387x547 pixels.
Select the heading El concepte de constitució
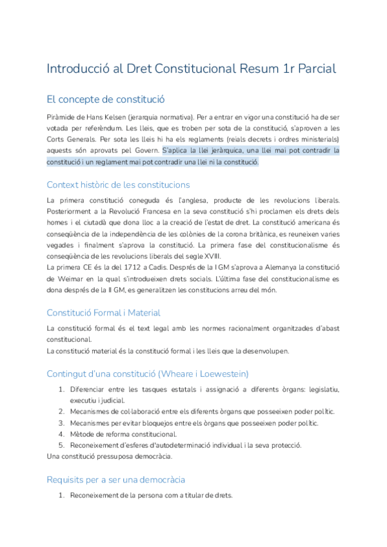[x=106, y=99]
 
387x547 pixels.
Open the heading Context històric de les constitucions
[x=119, y=185]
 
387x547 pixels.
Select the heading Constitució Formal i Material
[x=104, y=313]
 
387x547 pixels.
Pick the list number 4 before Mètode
[x=61, y=434]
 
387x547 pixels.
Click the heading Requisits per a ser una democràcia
[x=116, y=479]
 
